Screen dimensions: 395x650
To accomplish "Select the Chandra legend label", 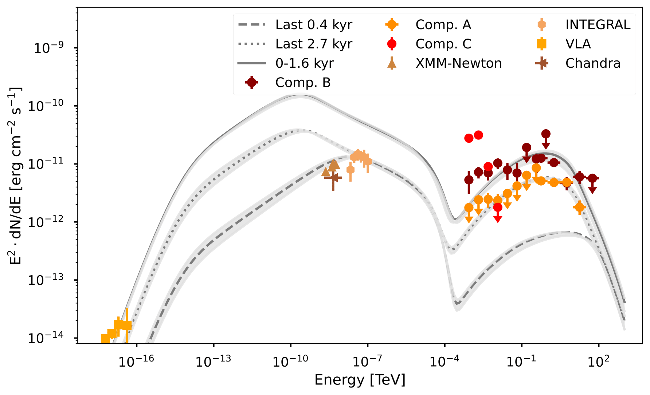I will click(592, 63).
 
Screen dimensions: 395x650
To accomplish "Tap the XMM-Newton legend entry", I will click(458, 63).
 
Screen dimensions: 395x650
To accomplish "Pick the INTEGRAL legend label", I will click(598, 25).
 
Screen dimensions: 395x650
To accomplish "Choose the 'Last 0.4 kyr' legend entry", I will click(313, 25).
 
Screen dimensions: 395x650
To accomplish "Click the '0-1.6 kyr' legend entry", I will click(304, 63).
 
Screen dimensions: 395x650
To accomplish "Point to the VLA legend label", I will click(578, 44).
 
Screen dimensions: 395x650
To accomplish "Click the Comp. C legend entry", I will click(443, 44).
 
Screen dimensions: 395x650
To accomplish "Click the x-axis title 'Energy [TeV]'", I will click(360, 380).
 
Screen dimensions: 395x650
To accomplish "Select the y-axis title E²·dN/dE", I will click(15, 176).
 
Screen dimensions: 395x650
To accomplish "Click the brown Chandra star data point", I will click(333, 177).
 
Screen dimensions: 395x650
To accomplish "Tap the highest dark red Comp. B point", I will click(545, 134).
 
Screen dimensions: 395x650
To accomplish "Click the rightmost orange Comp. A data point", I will click(579, 207).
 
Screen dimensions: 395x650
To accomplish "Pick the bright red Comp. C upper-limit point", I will click(498, 207).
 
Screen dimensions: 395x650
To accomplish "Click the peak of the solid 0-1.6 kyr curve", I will click(300, 95).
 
